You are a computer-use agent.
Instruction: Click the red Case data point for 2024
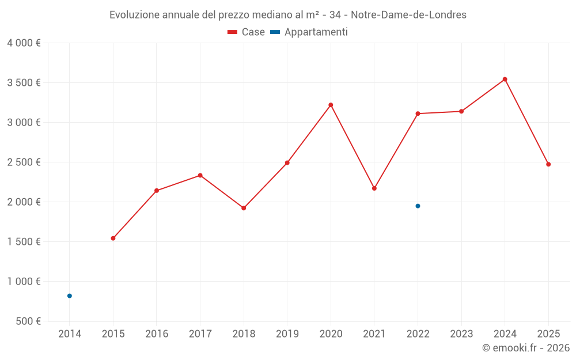(x=505, y=79)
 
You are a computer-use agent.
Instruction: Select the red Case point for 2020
(x=331, y=105)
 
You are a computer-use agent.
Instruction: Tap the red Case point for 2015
(x=113, y=238)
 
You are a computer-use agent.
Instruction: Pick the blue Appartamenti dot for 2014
(x=70, y=296)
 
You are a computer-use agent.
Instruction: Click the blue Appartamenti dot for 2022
(x=418, y=206)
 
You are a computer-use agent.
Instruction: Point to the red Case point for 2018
(x=244, y=208)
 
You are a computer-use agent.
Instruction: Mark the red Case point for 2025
(x=548, y=164)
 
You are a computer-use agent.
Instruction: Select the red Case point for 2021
(x=374, y=188)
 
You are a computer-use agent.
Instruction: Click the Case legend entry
(x=247, y=32)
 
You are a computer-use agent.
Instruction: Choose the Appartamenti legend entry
(x=309, y=32)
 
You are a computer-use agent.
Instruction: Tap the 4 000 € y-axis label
(x=24, y=43)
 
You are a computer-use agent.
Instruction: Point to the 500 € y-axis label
(x=29, y=321)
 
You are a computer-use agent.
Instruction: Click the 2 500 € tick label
(x=24, y=162)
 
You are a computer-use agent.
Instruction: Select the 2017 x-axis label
(x=200, y=334)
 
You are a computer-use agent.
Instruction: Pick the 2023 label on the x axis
(x=461, y=334)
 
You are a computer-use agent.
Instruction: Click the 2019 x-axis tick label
(x=287, y=334)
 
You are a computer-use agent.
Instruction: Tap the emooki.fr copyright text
(x=525, y=348)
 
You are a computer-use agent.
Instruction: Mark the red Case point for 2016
(x=157, y=191)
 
